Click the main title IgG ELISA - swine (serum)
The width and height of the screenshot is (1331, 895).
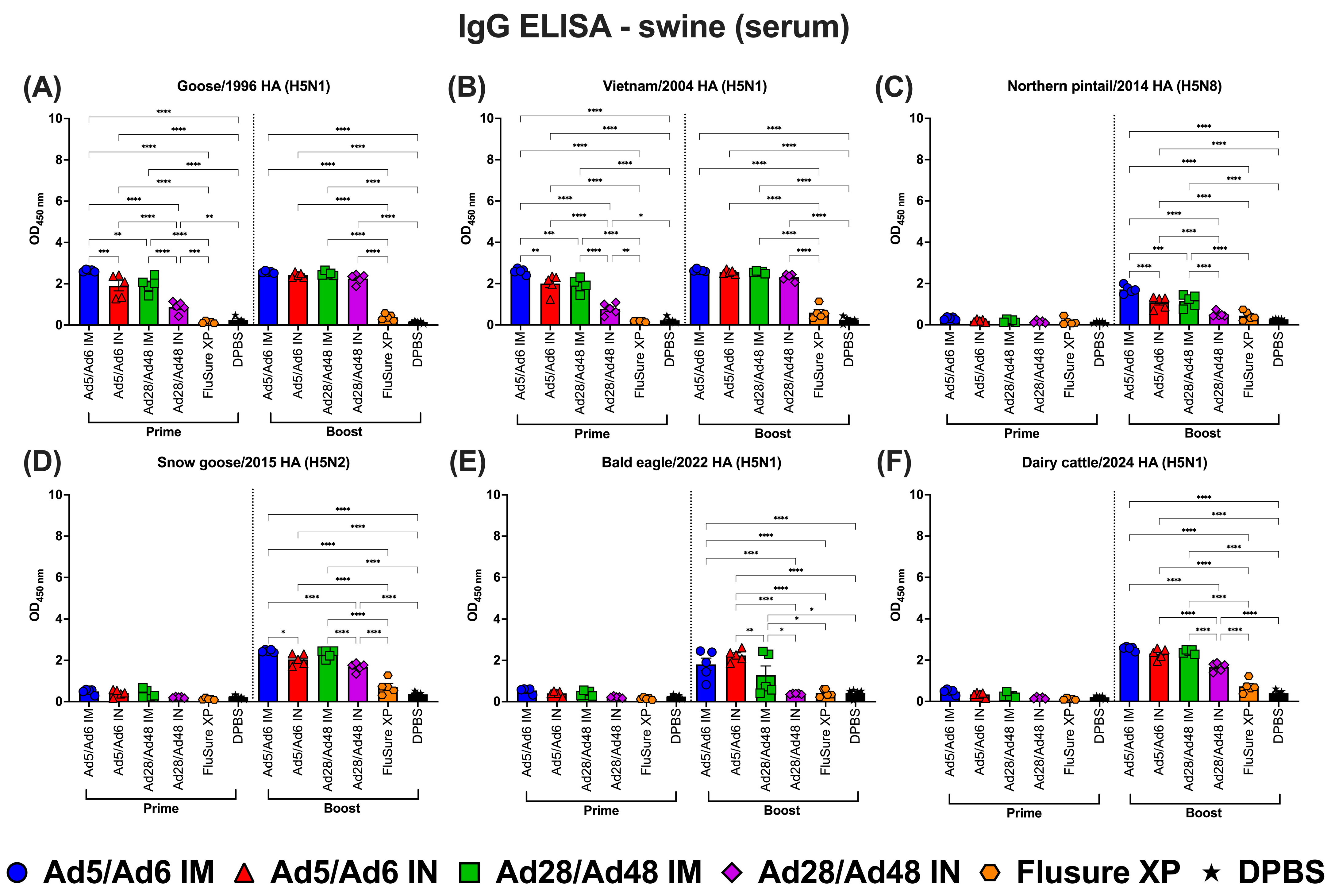point(654,27)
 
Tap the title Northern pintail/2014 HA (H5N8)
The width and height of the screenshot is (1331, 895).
point(1114,86)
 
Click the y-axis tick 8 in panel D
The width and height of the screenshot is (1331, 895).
point(55,536)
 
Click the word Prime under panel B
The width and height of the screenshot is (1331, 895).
point(592,434)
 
